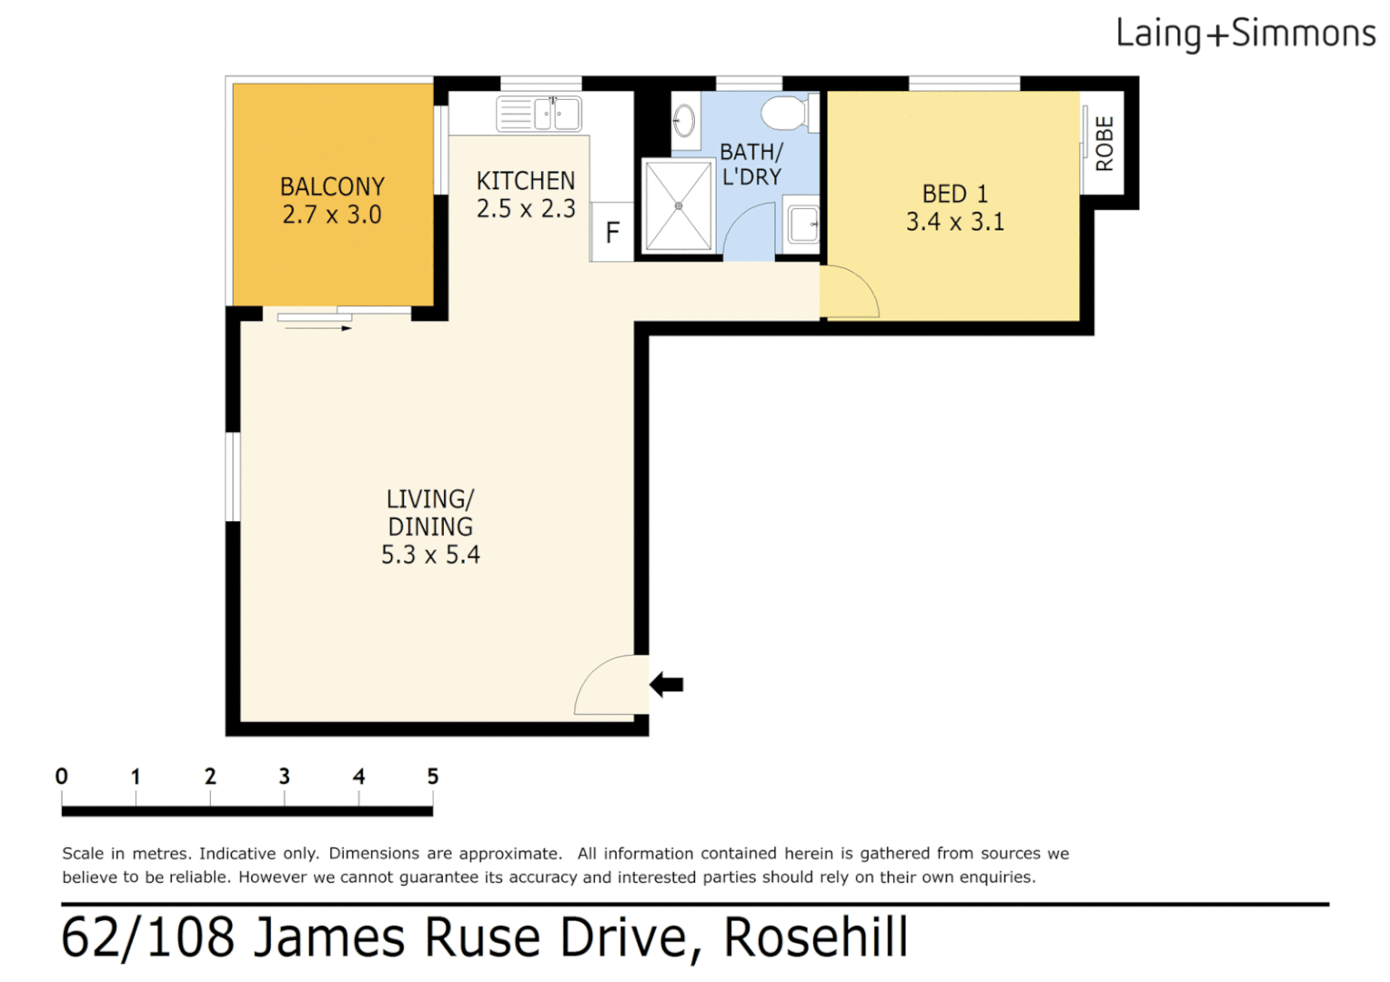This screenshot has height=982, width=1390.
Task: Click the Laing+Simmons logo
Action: point(1244,34)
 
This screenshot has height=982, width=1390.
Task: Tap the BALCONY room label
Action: point(332,186)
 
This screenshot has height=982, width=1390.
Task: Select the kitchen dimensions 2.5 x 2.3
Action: point(526,209)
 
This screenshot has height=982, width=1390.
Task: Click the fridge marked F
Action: point(612,233)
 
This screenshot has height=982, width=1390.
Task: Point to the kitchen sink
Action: point(539,115)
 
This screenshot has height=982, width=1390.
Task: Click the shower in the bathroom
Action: point(678,206)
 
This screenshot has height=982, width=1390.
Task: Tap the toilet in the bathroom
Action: point(784,114)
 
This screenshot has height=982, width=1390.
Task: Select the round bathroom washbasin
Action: point(684,120)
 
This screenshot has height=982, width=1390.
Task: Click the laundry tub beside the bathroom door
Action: point(802,225)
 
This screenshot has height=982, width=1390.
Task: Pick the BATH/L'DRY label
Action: point(751,165)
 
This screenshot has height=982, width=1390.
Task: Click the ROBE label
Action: point(1104,144)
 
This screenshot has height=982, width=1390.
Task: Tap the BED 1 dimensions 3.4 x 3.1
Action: point(955,222)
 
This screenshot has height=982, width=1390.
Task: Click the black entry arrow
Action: point(667,685)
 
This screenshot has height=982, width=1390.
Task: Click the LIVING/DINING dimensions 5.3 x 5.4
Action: point(430,555)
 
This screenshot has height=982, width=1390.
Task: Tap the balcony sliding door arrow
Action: point(318,328)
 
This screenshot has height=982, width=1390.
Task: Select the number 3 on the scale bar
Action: point(284,777)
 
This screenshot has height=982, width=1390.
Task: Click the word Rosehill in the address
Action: point(816,938)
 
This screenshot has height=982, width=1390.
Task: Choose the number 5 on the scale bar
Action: point(433,777)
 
